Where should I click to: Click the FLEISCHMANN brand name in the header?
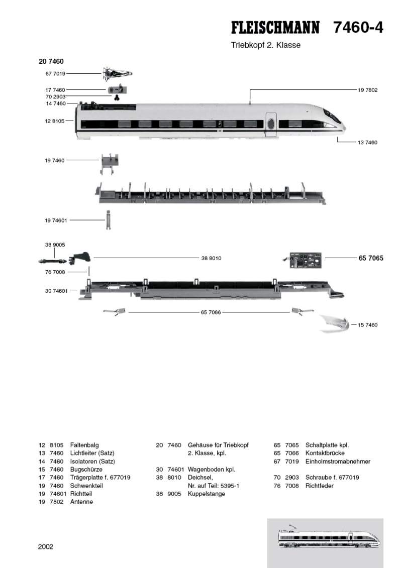(274, 28)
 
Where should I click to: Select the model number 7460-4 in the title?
(358, 28)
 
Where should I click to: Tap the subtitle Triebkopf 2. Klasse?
(265, 45)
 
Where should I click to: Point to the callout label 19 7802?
(367, 90)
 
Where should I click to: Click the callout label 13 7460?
(367, 143)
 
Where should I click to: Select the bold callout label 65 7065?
(371, 258)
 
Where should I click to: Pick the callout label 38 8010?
(211, 258)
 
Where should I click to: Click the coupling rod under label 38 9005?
(52, 261)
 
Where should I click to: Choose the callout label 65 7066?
(211, 312)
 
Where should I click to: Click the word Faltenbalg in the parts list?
(84, 445)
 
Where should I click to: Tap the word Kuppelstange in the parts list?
(206, 494)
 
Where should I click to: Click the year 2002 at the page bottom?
(45, 547)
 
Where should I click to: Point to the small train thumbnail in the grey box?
(326, 537)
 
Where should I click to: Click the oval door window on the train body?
(271, 123)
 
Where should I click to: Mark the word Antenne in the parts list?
(81, 502)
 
